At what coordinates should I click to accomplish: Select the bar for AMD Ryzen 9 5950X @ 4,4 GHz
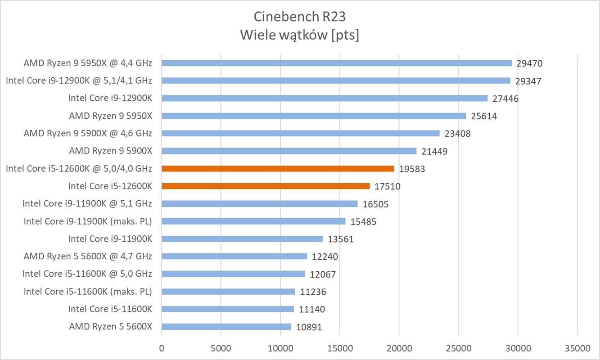pyautogui.click(x=337, y=63)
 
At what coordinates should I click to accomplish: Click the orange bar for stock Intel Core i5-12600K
pyautogui.click(x=266, y=186)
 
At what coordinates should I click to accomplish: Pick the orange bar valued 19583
pyautogui.click(x=278, y=168)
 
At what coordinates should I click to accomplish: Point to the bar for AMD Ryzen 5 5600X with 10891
pyautogui.click(x=226, y=326)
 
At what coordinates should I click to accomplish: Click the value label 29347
pyautogui.click(x=528, y=81)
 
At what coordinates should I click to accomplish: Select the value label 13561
pyautogui.click(x=341, y=238)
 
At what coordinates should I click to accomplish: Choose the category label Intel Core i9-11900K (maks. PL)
pyautogui.click(x=88, y=221)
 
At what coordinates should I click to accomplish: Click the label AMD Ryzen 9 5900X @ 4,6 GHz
pyautogui.click(x=88, y=133)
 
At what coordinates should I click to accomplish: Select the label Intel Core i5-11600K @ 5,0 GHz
pyautogui.click(x=87, y=274)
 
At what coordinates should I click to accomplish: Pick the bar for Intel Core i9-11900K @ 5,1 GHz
pyautogui.click(x=260, y=203)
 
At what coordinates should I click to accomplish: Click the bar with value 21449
pyautogui.click(x=289, y=151)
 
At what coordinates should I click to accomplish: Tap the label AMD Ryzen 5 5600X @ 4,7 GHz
pyautogui.click(x=88, y=256)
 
